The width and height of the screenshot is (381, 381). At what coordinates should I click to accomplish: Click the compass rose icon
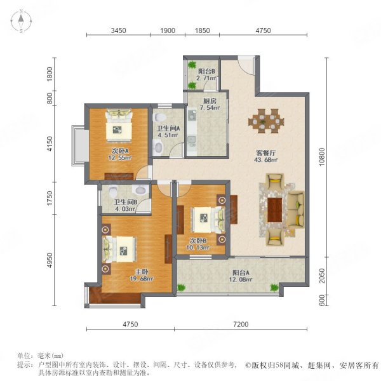(x=21, y=21)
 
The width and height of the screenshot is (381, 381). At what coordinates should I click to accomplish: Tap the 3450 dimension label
(x=118, y=30)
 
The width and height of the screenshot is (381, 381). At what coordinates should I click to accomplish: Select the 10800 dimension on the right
(x=322, y=157)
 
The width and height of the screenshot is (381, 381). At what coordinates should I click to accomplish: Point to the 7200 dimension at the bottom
(x=241, y=324)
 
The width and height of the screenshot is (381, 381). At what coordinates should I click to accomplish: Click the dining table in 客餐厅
(x=266, y=121)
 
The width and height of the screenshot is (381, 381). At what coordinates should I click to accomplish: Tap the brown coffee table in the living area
(x=274, y=210)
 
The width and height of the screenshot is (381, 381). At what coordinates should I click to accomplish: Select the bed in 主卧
(x=119, y=250)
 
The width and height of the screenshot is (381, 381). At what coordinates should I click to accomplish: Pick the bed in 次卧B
(x=208, y=220)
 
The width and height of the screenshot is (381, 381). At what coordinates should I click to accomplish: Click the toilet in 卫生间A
(x=159, y=117)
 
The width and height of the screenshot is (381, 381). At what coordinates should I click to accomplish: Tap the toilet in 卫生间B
(x=113, y=191)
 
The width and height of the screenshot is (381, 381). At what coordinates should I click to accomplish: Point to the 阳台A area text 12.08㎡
(x=241, y=279)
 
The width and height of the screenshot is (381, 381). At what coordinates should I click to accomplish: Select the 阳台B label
(x=206, y=71)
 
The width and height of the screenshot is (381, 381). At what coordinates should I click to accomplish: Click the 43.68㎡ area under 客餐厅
(x=266, y=160)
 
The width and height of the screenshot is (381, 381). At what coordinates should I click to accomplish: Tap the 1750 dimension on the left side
(x=50, y=198)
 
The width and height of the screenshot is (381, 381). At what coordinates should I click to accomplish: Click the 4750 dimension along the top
(x=263, y=30)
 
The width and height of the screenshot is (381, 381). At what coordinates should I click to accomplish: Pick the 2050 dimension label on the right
(x=322, y=276)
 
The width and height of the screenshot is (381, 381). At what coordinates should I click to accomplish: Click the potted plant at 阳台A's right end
(x=274, y=288)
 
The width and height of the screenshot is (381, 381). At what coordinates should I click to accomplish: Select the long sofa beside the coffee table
(x=296, y=210)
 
